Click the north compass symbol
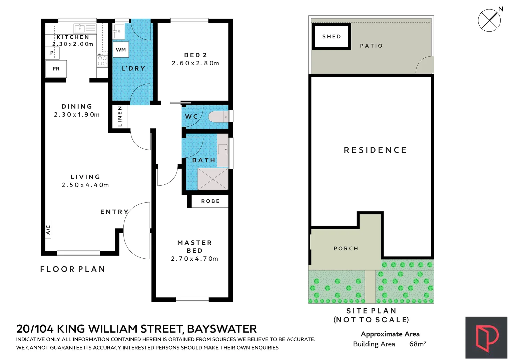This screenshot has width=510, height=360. coord(489,20)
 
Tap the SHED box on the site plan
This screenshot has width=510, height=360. coord(332,36)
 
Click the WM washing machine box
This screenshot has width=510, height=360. coord(121,50)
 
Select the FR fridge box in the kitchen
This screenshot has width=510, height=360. coord(56,69)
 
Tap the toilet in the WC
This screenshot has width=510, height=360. coord(218,117)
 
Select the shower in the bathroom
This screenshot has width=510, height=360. coord(212,179)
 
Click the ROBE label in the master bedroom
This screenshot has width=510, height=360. coord(210,201)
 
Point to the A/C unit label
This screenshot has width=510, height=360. coord(48,229)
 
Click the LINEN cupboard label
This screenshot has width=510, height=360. coord(120,117)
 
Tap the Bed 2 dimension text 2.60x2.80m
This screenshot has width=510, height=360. coord(195,63)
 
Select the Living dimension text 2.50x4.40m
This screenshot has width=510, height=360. coord(85,185)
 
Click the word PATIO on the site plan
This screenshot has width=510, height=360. coord(371,46)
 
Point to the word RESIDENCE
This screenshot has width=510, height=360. coord(375,150)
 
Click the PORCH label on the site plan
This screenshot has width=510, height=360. coord(346,248)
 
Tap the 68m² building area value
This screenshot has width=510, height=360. coord(417,344)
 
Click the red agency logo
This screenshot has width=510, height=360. coord(486,338)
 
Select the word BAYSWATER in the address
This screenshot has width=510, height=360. coord(222,329)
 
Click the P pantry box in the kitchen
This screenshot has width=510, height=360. coord(52,53)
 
